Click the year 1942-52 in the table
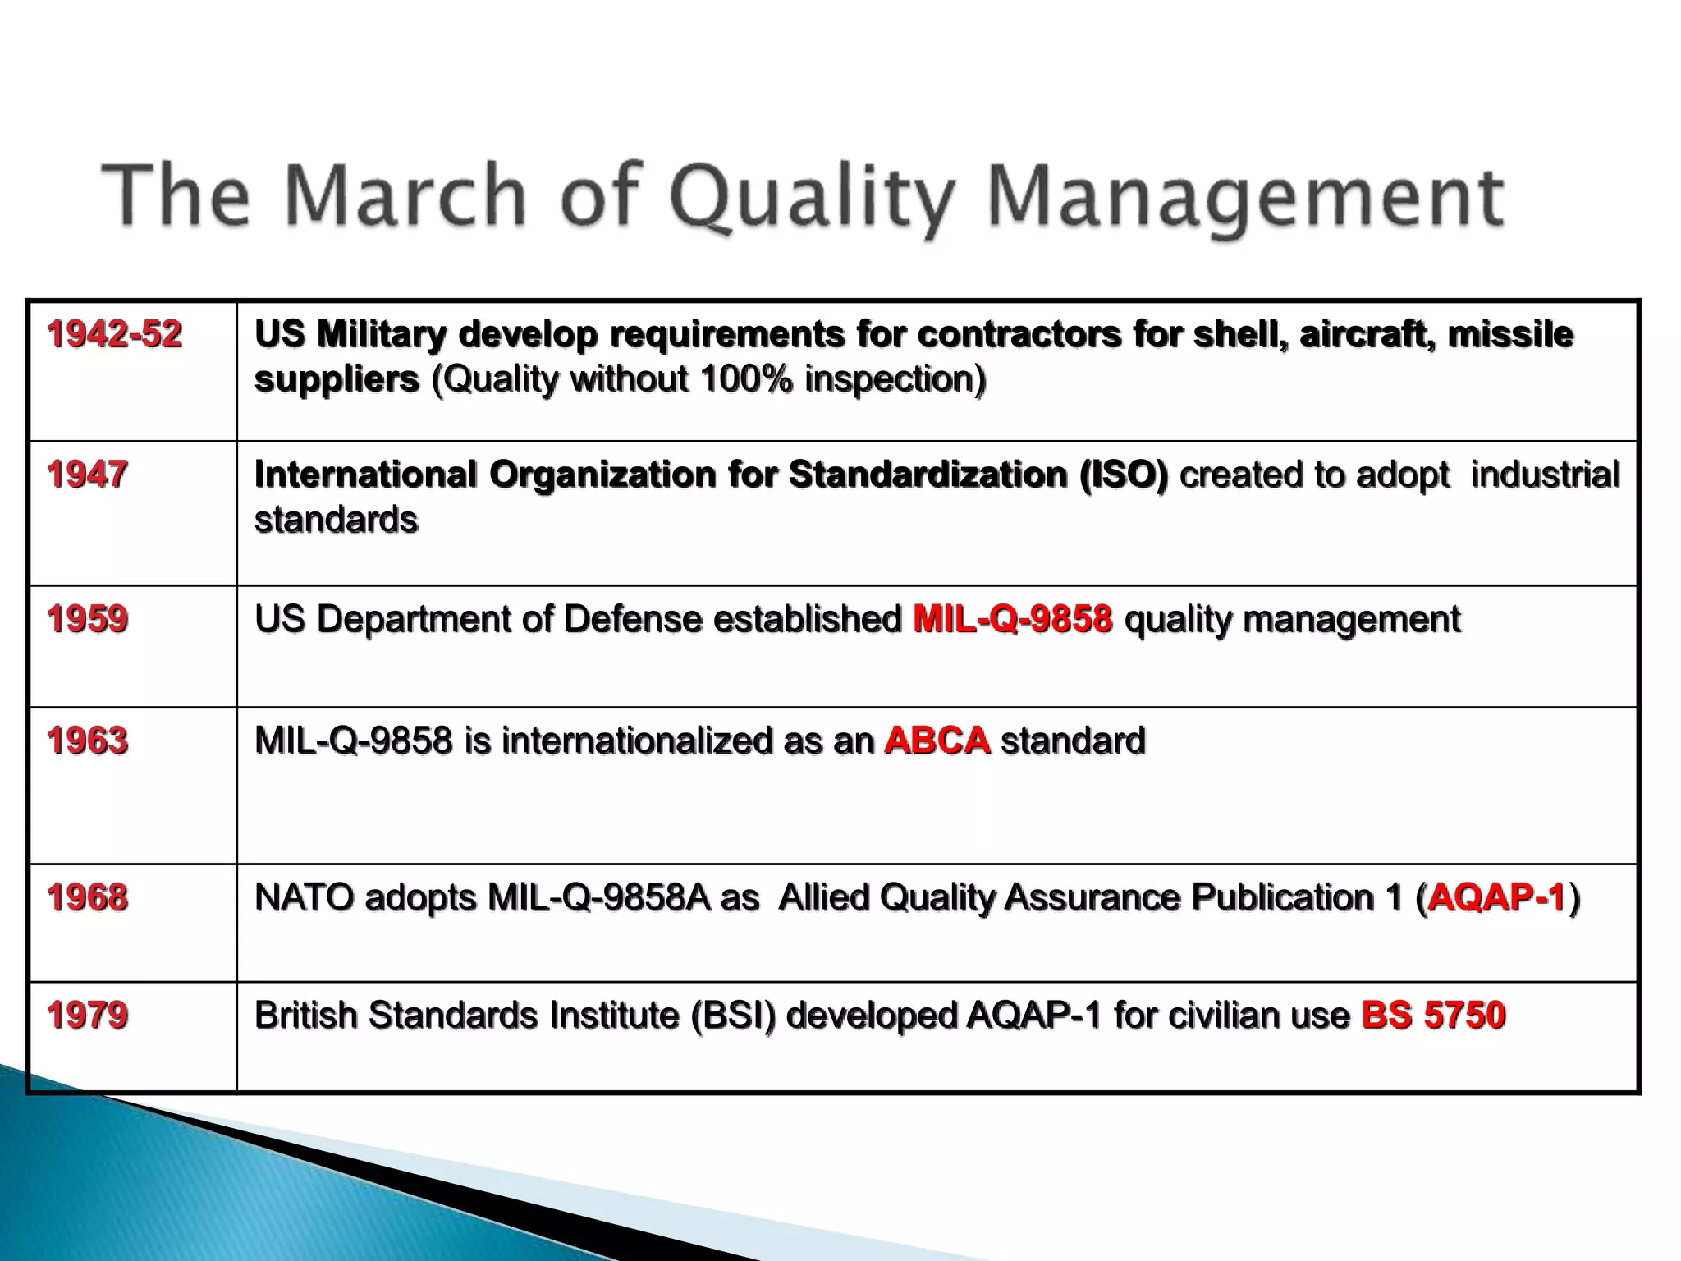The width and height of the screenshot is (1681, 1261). [x=114, y=335]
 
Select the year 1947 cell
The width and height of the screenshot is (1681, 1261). [x=87, y=475]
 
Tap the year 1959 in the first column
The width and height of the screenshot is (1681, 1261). [x=87, y=619]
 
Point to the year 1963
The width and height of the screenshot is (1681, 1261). [x=87, y=741]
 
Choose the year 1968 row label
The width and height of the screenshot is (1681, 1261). [x=87, y=897]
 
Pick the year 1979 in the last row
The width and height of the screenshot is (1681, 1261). [x=87, y=1016]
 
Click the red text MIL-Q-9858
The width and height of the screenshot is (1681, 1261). [x=1012, y=619]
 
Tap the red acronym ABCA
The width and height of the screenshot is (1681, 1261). [x=937, y=741]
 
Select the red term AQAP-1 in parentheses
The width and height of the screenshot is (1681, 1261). [x=1496, y=897]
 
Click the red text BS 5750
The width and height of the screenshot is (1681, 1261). [x=1433, y=1016]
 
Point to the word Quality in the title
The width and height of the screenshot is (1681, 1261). [x=813, y=197]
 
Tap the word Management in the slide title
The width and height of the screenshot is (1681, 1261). [x=1245, y=197]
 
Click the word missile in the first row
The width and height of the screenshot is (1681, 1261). [x=1510, y=335]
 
